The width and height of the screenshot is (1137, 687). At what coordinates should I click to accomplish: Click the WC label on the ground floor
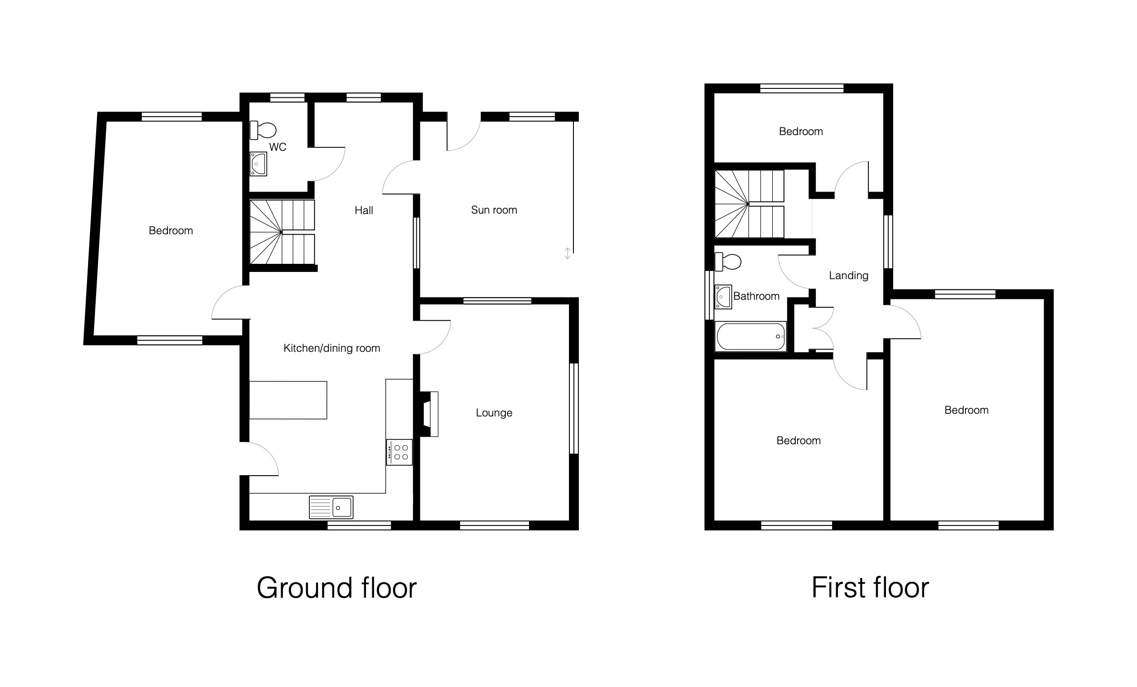coord(278,147)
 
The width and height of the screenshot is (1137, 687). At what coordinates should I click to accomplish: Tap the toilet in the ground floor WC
coord(263,130)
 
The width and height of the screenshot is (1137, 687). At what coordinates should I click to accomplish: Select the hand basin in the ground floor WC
coord(258,164)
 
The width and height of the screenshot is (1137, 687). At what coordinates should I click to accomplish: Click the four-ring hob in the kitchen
coord(399,452)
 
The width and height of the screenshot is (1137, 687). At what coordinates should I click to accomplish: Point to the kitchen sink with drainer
coord(331,507)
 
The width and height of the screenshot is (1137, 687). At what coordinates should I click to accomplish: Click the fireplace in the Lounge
coord(428,414)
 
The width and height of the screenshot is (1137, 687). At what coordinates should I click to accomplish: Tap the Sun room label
coord(494,210)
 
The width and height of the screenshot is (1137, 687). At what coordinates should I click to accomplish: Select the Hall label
coord(364,211)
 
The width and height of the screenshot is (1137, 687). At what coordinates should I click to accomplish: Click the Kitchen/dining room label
coord(332,348)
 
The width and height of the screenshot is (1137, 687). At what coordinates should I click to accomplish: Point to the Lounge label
coord(494,413)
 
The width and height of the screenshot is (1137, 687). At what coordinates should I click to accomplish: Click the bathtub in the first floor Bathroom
coord(750,337)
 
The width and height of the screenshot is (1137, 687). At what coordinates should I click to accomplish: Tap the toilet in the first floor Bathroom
coord(728,262)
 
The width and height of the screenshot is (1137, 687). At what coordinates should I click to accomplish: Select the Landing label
coord(849,276)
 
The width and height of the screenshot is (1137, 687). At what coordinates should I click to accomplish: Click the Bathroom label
coord(756,296)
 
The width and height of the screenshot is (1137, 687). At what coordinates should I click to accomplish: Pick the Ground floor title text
coord(336,588)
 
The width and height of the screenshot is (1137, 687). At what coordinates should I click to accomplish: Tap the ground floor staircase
coord(282,232)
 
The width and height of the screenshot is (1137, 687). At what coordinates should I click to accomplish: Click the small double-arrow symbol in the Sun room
coord(568,253)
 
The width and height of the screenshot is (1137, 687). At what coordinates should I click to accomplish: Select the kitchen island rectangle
coord(288,400)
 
